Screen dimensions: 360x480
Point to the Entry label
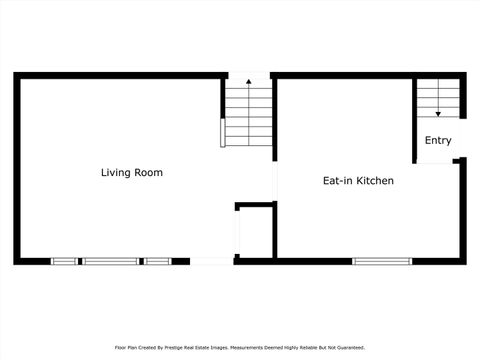coord(438,141)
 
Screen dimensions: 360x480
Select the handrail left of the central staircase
coord(223,132)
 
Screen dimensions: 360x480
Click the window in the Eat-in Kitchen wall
coord(382,261)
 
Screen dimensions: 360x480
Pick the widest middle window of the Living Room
coord(110,261)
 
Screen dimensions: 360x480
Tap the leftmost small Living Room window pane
coord(65,261)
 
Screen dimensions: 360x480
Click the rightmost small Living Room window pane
coord(156,261)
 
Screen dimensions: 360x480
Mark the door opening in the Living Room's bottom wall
coord(211,261)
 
